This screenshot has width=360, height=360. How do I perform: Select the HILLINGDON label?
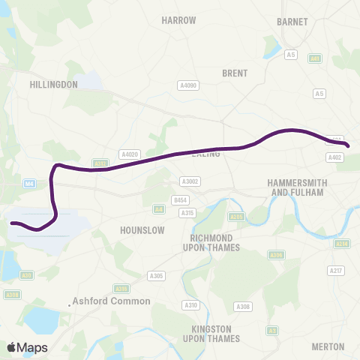(53, 85)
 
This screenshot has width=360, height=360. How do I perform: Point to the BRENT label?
(235, 73)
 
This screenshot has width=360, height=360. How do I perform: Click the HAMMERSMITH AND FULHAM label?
(298, 187)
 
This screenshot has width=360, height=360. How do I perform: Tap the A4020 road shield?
(130, 154)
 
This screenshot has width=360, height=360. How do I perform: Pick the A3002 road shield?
(189, 181)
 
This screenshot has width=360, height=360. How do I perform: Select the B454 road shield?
(178, 200)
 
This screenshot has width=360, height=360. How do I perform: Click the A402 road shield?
(334, 157)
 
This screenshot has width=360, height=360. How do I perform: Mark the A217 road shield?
(336, 270)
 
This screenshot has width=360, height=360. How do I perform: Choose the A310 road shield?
(190, 304)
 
